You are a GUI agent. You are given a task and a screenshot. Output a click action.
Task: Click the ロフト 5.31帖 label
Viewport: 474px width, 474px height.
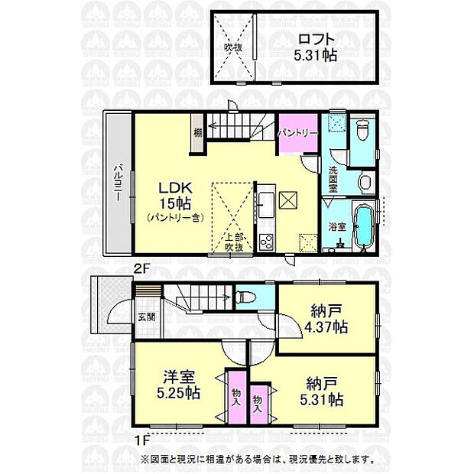click(314, 47)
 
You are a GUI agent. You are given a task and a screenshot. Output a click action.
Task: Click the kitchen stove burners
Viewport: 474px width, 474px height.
click(266, 243)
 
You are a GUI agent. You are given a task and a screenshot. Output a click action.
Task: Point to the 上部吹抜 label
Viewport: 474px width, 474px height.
click(233, 242)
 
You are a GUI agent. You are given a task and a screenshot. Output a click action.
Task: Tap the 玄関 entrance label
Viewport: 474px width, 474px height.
click(146, 318)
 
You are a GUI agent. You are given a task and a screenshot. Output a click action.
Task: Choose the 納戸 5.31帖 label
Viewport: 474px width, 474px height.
click(321, 391)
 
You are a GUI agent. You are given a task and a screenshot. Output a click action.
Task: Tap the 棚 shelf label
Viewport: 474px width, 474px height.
click(197, 132)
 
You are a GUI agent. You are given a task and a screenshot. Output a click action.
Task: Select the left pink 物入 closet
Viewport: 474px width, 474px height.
click(235, 395)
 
